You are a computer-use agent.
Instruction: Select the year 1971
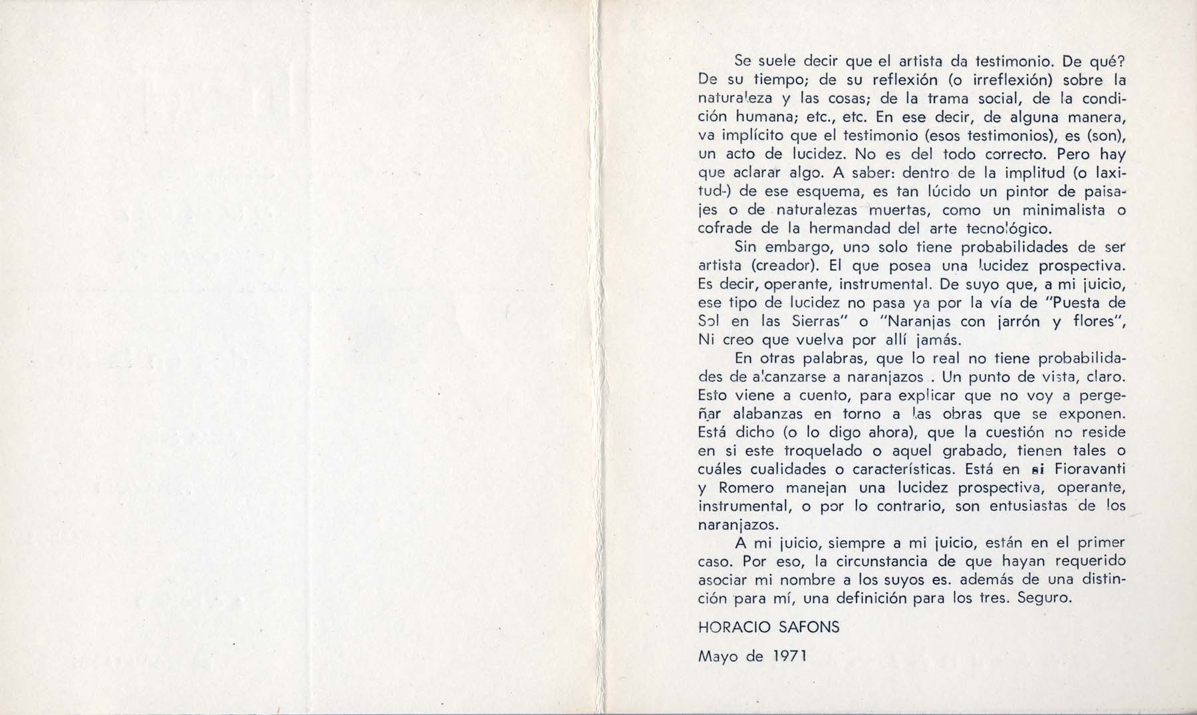click(789, 657)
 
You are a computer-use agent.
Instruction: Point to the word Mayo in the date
click(720, 657)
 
